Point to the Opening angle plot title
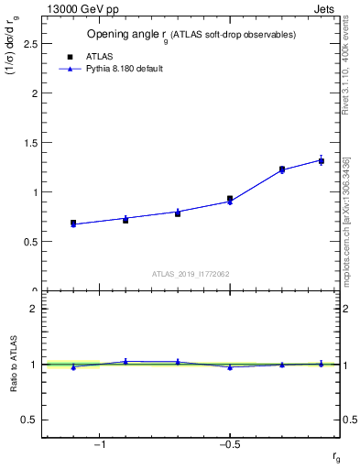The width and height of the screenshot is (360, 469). [191, 35]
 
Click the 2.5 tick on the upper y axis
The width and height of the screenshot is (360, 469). [32, 44]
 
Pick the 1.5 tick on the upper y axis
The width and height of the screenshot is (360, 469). [32, 143]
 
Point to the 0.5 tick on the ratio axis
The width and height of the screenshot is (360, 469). [32, 420]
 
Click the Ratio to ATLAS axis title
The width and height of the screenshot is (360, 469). [14, 365]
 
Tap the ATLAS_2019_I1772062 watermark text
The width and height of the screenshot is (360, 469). [191, 273]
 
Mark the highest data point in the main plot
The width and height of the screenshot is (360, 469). [322, 160]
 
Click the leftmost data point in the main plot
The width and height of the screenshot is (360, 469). [73, 223]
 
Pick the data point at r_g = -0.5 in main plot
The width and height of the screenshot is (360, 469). [230, 199]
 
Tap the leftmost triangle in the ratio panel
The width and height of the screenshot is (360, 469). [73, 366]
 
